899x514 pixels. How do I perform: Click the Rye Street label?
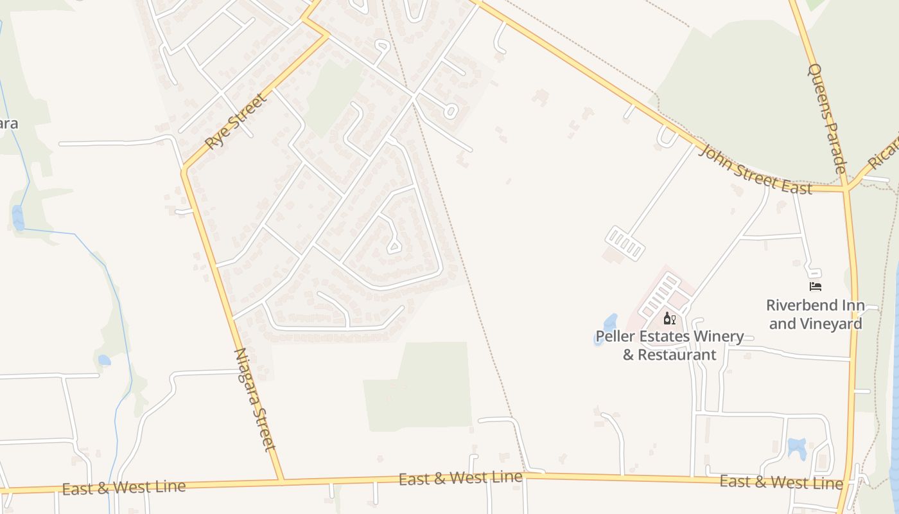coord(235,121)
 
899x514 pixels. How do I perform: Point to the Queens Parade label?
coord(827,118)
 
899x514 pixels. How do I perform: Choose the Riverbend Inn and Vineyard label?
coord(816,314)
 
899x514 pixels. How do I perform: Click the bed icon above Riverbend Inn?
coord(816,287)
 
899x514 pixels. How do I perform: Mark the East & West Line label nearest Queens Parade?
coord(781,482)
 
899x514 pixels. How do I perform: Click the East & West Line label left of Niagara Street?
coord(124,488)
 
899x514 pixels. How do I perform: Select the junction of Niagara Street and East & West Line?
coord(281,481)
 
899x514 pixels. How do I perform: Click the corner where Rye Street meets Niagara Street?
coord(184,171)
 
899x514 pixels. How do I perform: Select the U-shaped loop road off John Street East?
coord(667,137)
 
